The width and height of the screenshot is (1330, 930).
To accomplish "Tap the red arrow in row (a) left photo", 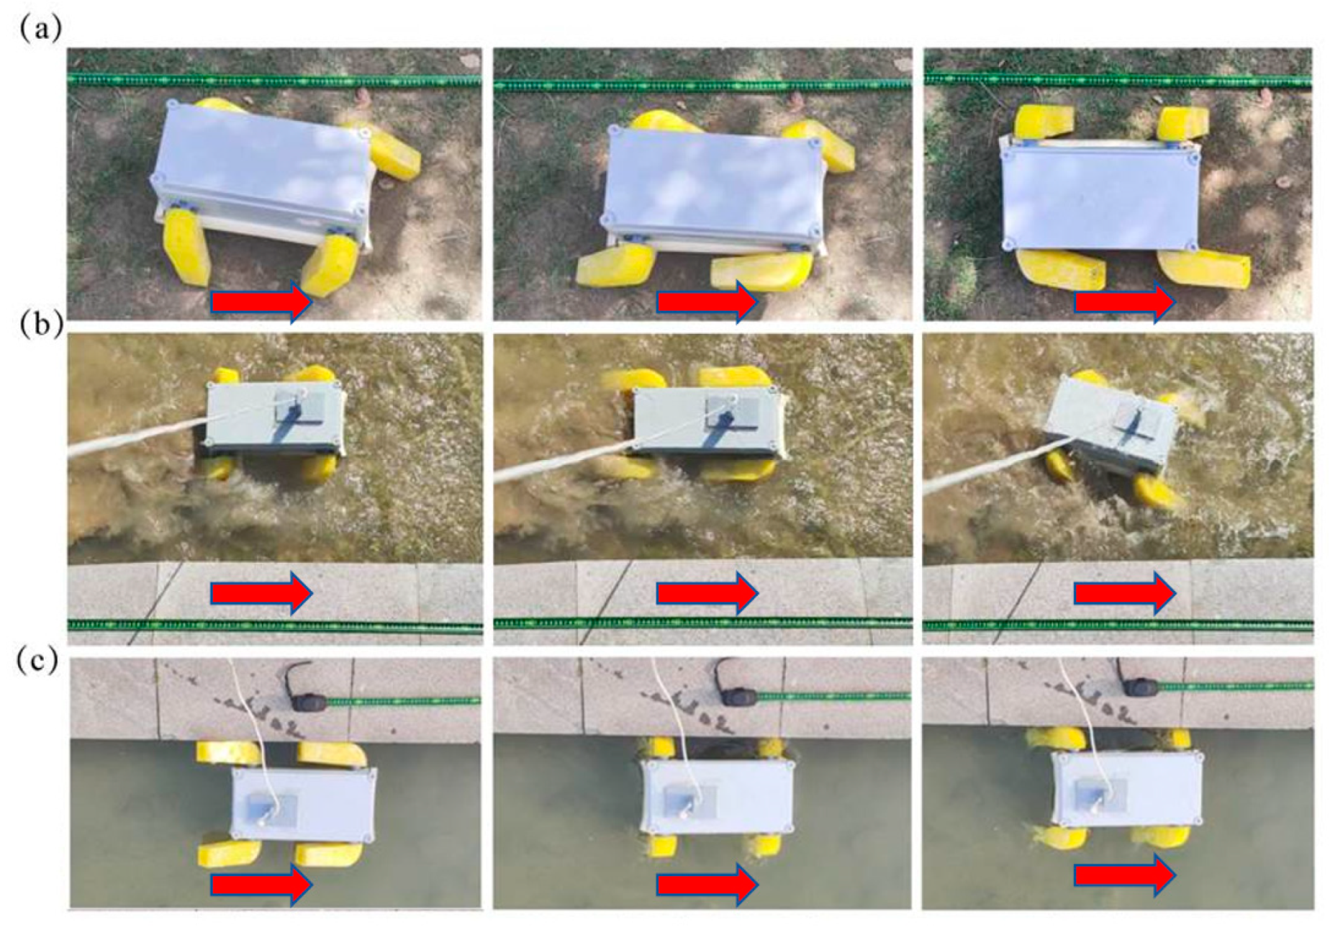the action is click(261, 301).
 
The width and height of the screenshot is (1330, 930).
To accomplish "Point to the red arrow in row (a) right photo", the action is click(1125, 301).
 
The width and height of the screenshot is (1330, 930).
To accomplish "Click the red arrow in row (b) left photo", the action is click(261, 593).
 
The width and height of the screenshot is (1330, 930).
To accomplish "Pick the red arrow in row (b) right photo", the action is click(1125, 593).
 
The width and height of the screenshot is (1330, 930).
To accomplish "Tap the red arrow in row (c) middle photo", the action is click(707, 882).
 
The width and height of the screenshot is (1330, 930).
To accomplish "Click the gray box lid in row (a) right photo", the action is click(1100, 194).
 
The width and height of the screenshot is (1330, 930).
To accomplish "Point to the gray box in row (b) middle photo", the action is click(709, 422).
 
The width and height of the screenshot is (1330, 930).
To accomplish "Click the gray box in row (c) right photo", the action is click(1126, 788).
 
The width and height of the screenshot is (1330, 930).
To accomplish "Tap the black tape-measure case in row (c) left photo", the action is click(309, 697).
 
